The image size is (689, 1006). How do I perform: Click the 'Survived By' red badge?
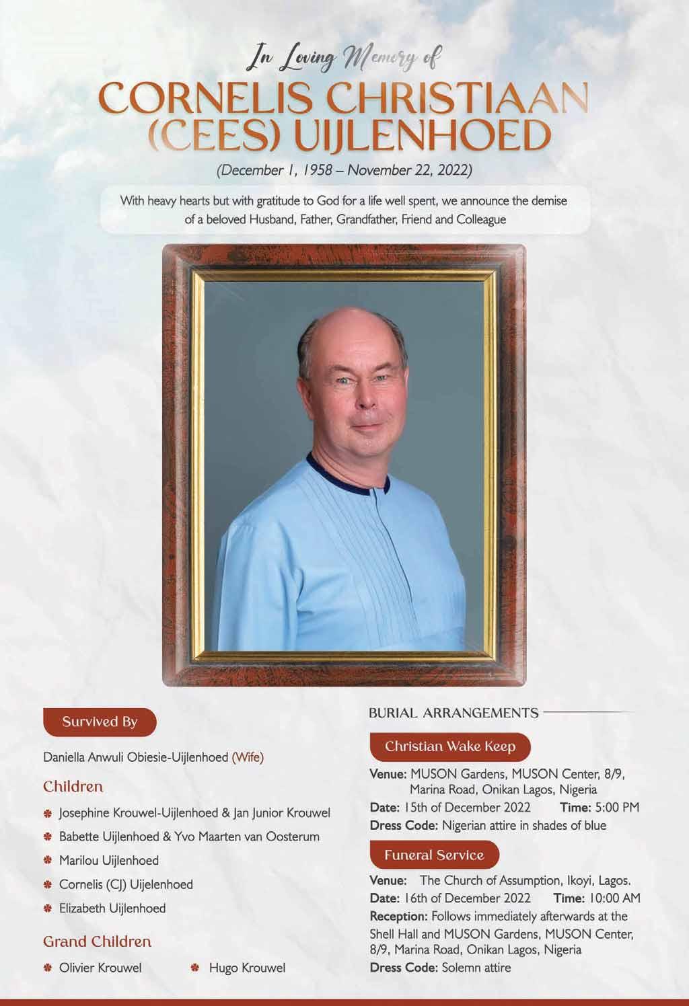(100, 722)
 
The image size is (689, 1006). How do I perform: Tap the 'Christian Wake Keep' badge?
(450, 746)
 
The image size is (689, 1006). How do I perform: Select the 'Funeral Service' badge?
(434, 855)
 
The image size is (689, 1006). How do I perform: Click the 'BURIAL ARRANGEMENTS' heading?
(454, 713)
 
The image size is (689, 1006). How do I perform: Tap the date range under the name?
(344, 169)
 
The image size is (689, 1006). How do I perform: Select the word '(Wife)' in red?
(248, 757)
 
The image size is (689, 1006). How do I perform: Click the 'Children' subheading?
(73, 786)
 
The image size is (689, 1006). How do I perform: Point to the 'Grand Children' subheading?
(97, 941)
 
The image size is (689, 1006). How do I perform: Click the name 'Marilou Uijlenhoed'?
(109, 860)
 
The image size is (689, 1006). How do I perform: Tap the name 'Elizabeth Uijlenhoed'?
(112, 908)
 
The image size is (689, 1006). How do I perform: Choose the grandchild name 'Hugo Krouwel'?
(247, 968)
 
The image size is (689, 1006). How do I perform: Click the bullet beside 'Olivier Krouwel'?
(48, 968)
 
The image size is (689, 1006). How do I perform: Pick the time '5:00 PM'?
(617, 807)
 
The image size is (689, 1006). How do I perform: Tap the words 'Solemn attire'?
(476, 968)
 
